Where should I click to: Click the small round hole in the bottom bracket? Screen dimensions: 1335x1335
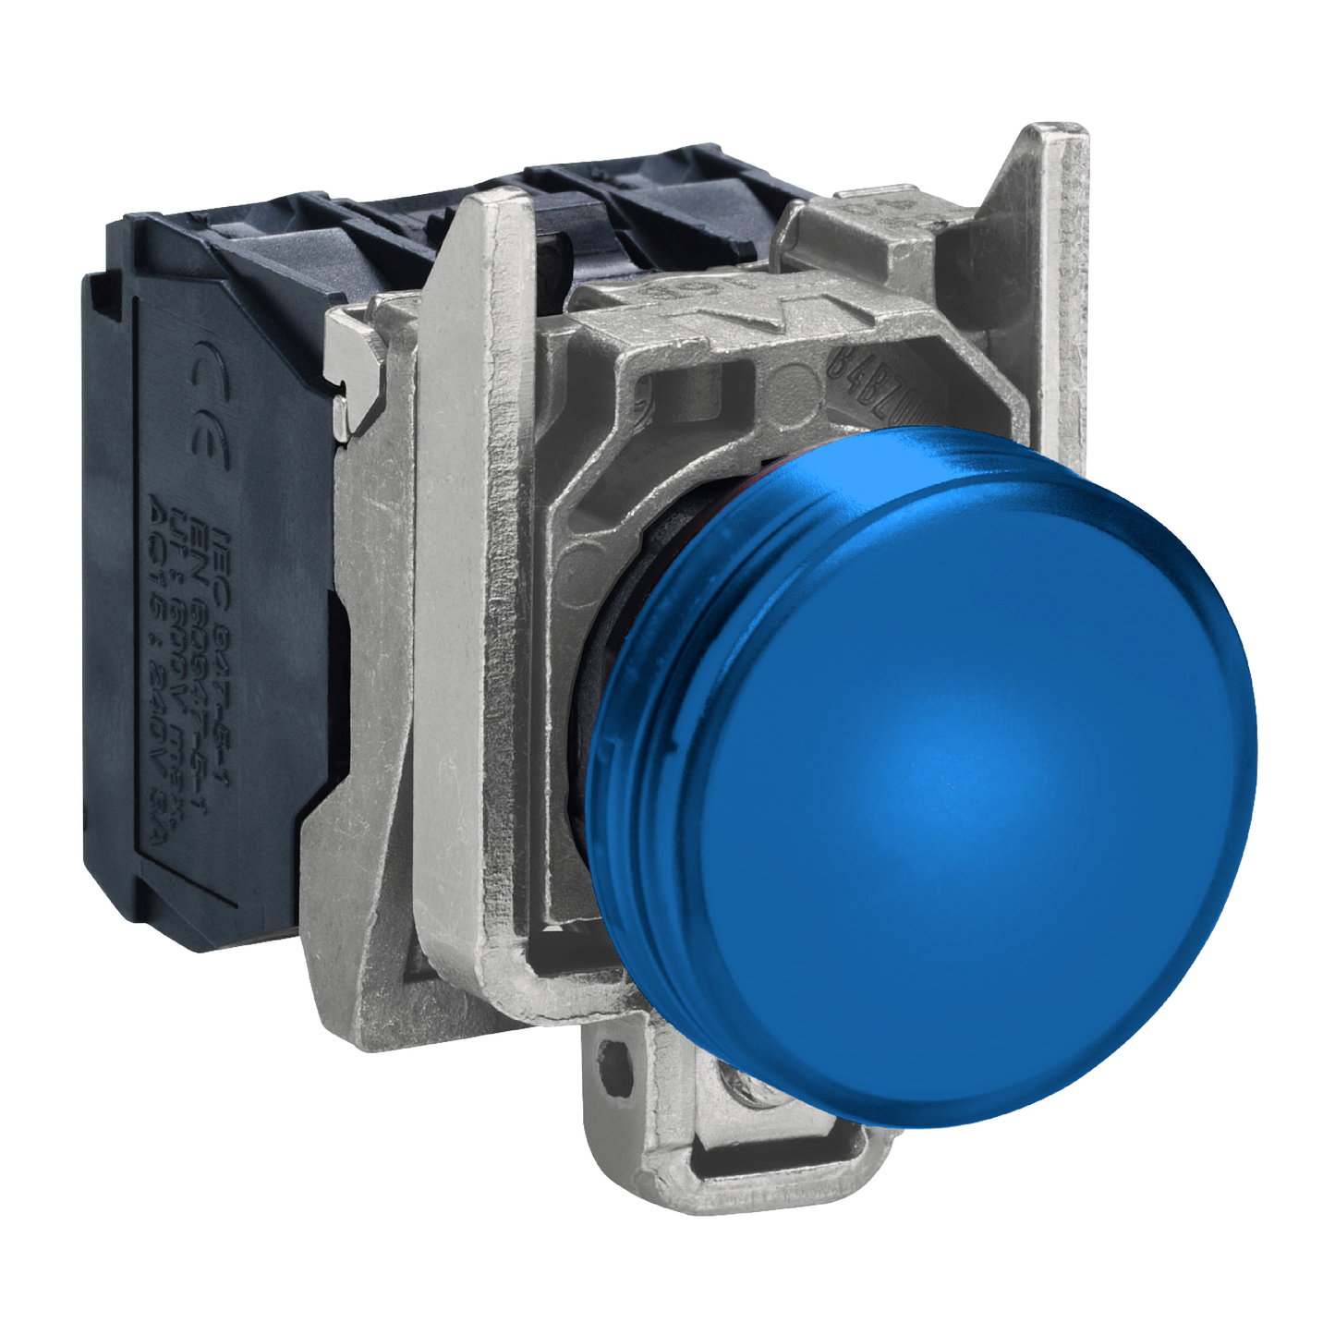tap(609, 1054)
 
